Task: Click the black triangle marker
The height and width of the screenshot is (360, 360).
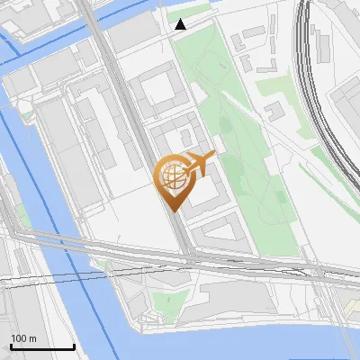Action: click(181, 24)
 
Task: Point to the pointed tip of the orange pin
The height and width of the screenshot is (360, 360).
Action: click(172, 210)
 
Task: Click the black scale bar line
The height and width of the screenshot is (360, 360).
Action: click(42, 347)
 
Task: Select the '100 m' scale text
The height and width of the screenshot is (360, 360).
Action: click(23, 338)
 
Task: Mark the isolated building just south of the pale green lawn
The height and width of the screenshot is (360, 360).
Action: click(274, 110)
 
